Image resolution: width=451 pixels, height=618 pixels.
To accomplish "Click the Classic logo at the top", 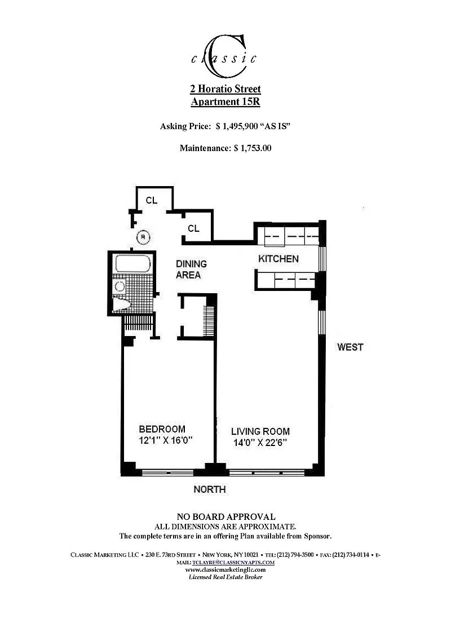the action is [x=225, y=56].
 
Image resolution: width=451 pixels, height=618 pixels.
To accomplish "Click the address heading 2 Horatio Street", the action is [x=225, y=89].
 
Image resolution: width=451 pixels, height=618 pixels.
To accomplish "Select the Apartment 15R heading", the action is [x=225, y=101].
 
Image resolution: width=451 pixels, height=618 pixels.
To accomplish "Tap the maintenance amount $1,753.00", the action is [x=253, y=148].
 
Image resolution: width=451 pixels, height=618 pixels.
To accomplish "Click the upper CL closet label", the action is [x=151, y=200].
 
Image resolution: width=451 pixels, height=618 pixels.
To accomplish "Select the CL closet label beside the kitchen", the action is [x=193, y=228].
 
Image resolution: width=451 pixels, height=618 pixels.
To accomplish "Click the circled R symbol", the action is [x=143, y=237].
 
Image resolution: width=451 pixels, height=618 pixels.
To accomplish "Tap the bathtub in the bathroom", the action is [x=132, y=264].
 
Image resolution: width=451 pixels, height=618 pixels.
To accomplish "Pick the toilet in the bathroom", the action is [x=122, y=304].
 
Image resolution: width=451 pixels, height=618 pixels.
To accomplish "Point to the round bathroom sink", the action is [x=120, y=286].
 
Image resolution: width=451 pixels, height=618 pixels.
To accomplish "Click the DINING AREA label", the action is [x=191, y=269].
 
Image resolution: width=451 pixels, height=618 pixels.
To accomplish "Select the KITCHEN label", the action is [x=278, y=259].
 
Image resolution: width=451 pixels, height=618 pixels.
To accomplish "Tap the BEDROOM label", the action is [x=162, y=429].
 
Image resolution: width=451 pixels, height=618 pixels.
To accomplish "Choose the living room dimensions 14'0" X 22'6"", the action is [x=260, y=443].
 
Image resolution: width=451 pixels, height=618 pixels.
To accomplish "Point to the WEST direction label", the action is [x=350, y=347].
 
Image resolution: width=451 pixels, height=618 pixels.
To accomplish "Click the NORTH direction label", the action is [x=210, y=489].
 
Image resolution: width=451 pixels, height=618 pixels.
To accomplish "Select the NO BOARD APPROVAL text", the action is [x=226, y=517].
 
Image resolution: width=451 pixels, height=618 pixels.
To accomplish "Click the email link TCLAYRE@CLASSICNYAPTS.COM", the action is [x=233, y=563].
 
